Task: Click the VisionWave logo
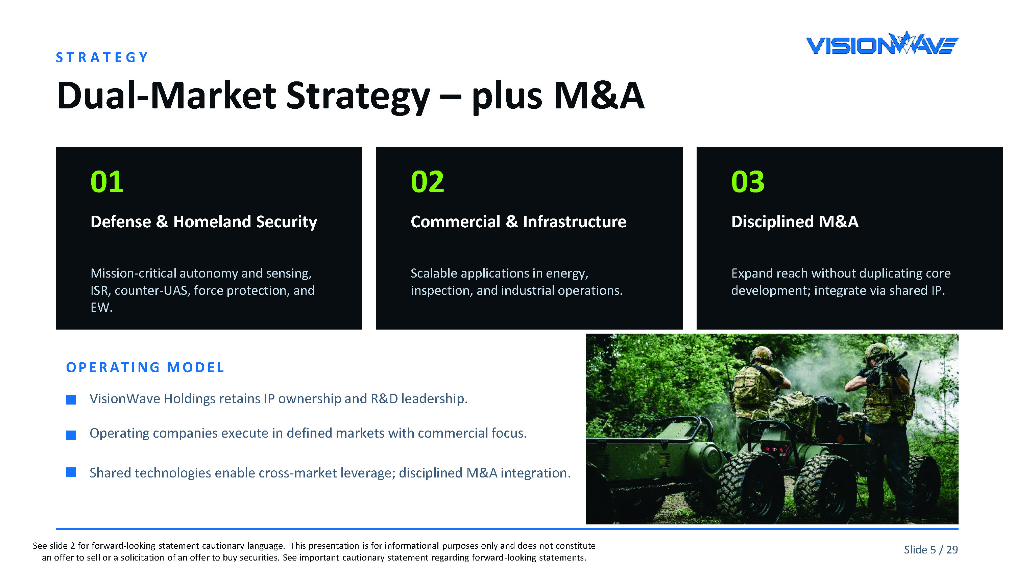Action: (882, 43)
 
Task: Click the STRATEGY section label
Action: (102, 57)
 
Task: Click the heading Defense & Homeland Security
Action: (203, 222)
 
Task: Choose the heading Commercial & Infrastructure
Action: (518, 222)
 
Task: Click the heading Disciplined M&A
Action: (794, 222)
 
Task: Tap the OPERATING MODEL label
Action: (145, 367)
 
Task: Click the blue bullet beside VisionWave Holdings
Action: (71, 400)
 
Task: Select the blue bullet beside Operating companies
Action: (71, 435)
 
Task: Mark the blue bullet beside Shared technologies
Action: (71, 472)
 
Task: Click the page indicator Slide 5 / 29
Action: (931, 549)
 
